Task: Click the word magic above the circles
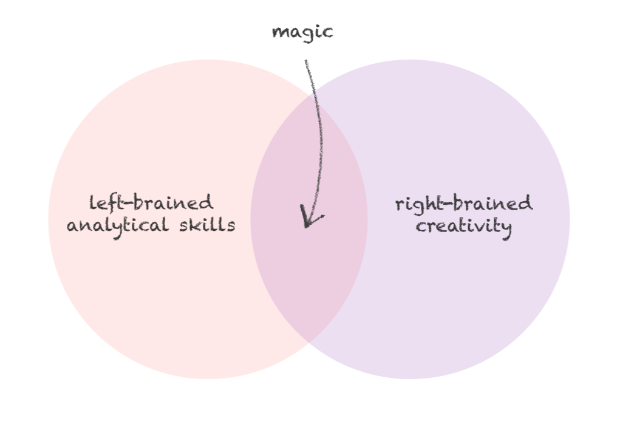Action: (302, 32)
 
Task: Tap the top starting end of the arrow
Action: (305, 60)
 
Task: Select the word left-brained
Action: (151, 202)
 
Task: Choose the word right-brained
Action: (463, 204)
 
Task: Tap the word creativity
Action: (463, 227)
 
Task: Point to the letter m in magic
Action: (281, 32)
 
